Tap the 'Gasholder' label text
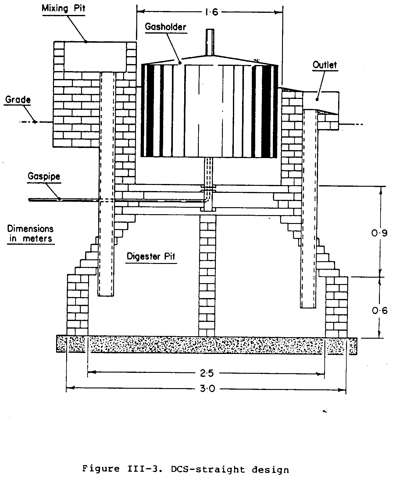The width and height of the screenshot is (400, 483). (165, 27)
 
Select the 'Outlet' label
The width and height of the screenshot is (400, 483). (325, 65)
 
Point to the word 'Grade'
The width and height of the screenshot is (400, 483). (18, 99)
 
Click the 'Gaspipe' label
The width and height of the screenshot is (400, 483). (44, 176)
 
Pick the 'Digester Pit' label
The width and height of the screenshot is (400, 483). (151, 256)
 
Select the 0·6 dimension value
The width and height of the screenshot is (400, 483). (380, 311)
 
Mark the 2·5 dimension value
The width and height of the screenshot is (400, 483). (206, 373)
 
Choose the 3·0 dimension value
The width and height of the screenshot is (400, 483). (208, 389)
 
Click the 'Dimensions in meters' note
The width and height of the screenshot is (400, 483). (30, 233)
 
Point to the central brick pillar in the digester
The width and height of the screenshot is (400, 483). (207, 275)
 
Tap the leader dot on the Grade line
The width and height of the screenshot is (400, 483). (35, 122)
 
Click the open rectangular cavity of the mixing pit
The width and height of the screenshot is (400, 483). (95, 56)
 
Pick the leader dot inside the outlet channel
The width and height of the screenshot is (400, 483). (317, 99)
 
